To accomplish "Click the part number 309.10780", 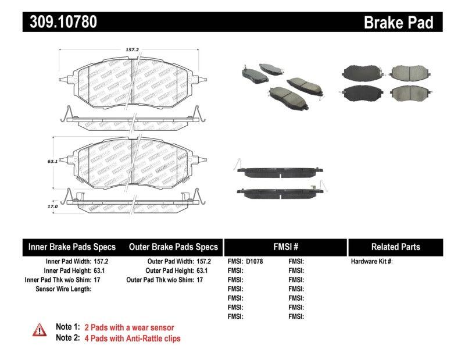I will pyautogui.click(x=60, y=23).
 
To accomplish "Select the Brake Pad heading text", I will pyautogui.click(x=398, y=23).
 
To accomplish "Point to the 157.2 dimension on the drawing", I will pyautogui.click(x=134, y=50).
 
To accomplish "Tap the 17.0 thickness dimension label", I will pyautogui.click(x=53, y=205).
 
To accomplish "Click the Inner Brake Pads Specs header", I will pyautogui.click(x=72, y=247).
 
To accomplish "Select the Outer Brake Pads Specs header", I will pyautogui.click(x=173, y=247).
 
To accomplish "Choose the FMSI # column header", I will pyautogui.click(x=285, y=247).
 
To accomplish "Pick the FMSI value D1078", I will pyautogui.click(x=255, y=262).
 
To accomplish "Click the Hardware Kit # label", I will pyautogui.click(x=371, y=262).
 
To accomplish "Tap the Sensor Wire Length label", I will pyautogui.click(x=63, y=288).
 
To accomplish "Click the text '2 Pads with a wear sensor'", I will pyautogui.click(x=129, y=327).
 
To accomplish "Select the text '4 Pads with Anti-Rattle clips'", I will pyautogui.click(x=133, y=338).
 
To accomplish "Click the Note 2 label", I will pyautogui.click(x=67, y=338).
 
